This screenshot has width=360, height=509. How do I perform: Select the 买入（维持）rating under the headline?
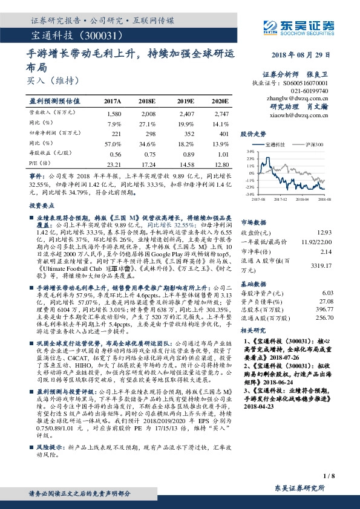(48, 79)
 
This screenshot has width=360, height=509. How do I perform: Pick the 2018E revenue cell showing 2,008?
(148, 113)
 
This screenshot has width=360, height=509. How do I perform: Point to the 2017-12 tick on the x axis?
(280, 198)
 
